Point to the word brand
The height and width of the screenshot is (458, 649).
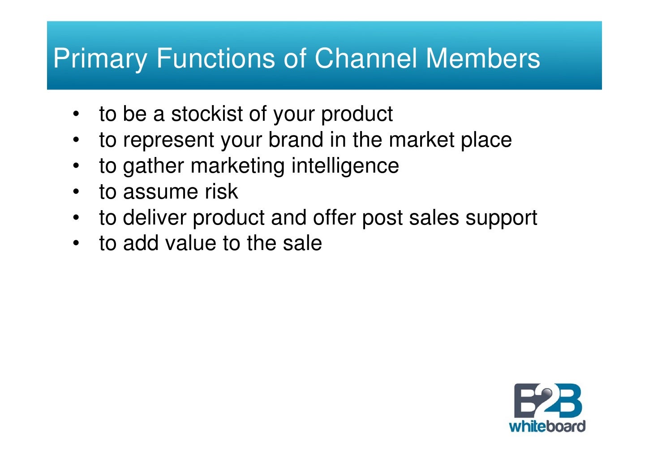(x=296, y=140)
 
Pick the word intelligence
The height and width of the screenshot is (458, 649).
(x=345, y=166)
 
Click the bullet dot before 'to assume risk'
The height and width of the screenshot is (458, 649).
(x=77, y=192)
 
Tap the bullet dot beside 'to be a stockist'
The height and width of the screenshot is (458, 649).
(x=77, y=114)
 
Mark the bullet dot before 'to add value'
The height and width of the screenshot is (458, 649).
(x=77, y=243)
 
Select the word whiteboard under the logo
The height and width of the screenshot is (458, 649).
(x=547, y=426)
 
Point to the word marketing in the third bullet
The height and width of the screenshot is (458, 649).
(x=237, y=166)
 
